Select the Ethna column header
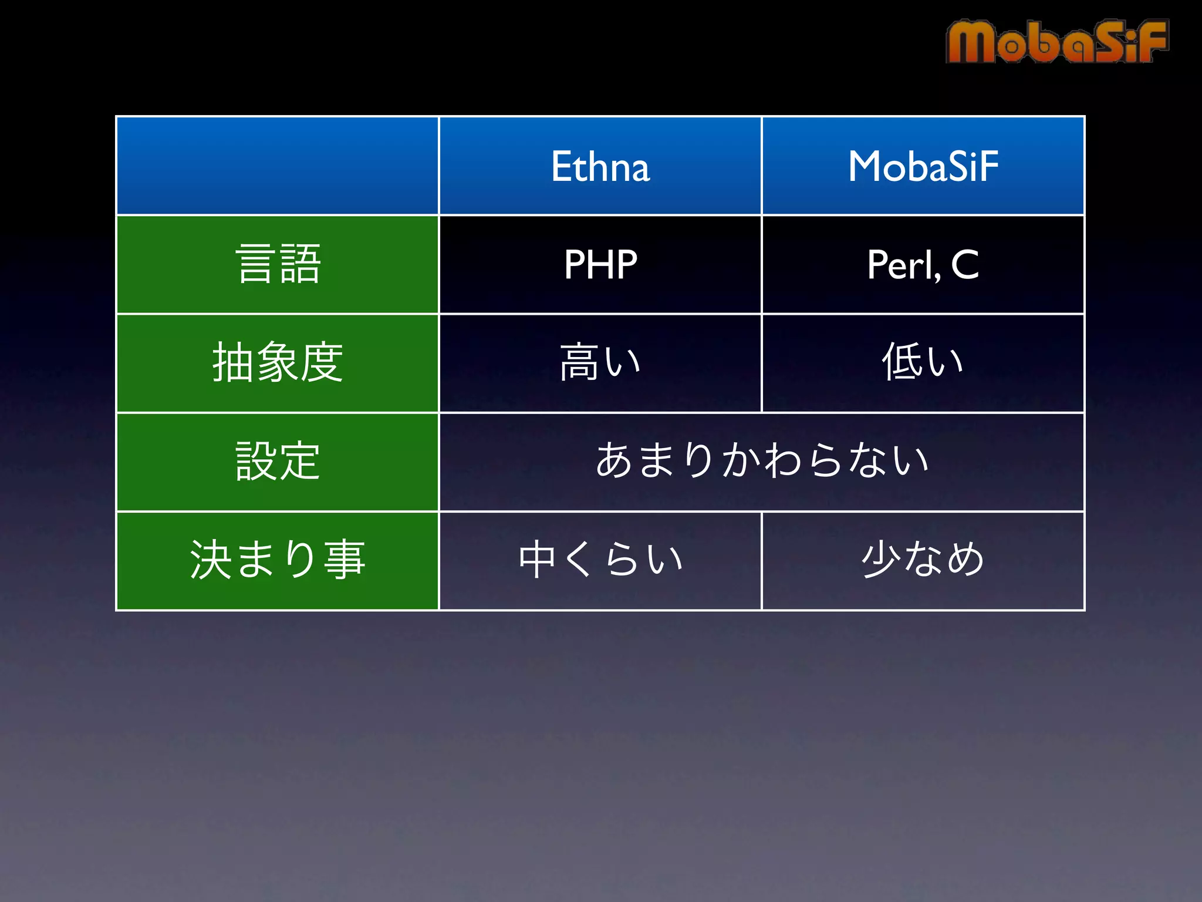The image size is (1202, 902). click(x=600, y=166)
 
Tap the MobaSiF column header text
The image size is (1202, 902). click(x=923, y=166)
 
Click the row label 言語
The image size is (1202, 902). click(x=278, y=264)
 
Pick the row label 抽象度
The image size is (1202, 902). click(x=278, y=363)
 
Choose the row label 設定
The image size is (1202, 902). click(x=278, y=462)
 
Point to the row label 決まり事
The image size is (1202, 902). click(x=278, y=560)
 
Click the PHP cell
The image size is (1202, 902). click(x=600, y=264)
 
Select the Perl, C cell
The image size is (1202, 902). click(x=923, y=264)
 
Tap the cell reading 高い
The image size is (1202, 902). click(x=600, y=363)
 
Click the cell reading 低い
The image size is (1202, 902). click(x=923, y=363)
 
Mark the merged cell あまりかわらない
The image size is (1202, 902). click(x=761, y=462)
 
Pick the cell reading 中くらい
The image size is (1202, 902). click(x=600, y=560)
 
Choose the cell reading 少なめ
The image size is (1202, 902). click(x=923, y=560)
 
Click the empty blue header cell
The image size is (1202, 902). click(x=278, y=166)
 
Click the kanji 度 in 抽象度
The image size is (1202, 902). click(x=322, y=363)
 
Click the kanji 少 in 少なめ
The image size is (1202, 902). click(x=880, y=559)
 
